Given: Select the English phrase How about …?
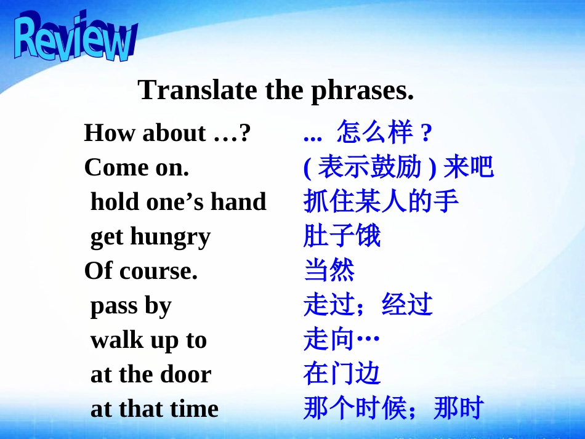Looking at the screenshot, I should coord(167,133).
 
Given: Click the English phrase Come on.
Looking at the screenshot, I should coord(136,167).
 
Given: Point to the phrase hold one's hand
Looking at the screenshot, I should coord(178,202).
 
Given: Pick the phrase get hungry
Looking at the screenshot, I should coord(150,237).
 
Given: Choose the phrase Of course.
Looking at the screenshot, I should coord(141,271).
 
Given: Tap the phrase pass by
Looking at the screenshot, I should coord(131,306).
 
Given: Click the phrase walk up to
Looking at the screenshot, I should coord(148,340).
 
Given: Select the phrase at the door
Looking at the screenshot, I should coord(150,374).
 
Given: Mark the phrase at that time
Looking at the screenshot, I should coord(154,409).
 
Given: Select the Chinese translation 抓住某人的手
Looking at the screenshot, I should coord(381,202).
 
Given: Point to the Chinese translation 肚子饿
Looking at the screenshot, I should coord(342,236).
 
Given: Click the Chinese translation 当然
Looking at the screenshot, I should coord(329,271).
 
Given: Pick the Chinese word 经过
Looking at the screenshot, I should coord(407,305).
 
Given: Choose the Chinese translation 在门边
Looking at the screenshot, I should coord(342,374).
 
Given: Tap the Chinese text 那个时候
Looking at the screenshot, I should coord(355,409).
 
